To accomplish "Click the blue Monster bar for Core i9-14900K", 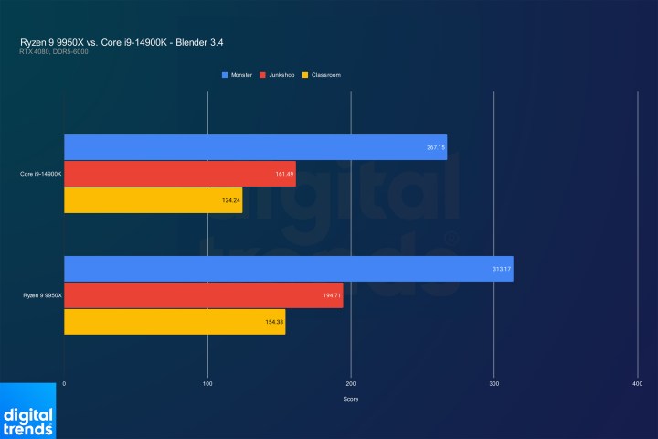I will click(x=255, y=147).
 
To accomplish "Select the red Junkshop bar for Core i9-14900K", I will click(x=179, y=174).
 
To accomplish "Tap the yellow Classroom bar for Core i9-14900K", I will click(x=153, y=200).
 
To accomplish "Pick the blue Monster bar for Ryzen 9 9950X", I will click(x=288, y=269).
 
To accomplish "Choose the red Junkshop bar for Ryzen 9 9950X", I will click(x=203, y=295).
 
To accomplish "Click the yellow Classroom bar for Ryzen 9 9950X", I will click(x=175, y=322).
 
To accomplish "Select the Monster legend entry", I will click(x=239, y=75).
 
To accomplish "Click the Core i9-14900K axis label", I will click(x=40, y=174).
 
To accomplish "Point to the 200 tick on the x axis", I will click(x=351, y=383).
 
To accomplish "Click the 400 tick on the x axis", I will click(x=637, y=383).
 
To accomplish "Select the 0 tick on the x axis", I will click(x=64, y=383).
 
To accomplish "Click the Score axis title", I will click(x=351, y=399).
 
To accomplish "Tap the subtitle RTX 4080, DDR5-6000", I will click(x=54, y=51).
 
